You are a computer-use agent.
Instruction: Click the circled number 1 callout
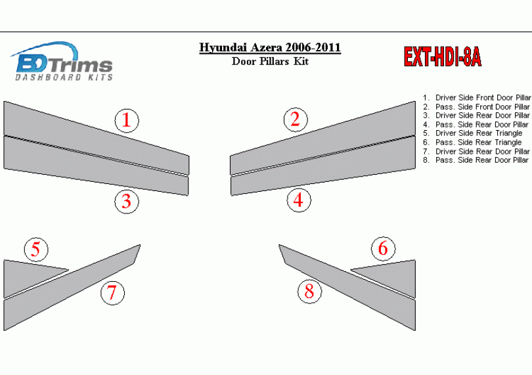[127, 120]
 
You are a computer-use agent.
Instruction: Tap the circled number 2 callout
[296, 120]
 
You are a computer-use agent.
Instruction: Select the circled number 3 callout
[127, 201]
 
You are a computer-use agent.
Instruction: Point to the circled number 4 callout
[299, 200]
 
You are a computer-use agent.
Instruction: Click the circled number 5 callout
[36, 249]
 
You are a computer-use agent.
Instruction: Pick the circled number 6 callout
[383, 248]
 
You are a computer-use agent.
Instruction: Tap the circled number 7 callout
[112, 293]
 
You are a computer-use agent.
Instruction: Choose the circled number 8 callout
[309, 291]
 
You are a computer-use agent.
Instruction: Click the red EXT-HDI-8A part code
[443, 56]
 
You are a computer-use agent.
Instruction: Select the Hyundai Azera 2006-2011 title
[270, 47]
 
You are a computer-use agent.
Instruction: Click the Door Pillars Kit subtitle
[270, 62]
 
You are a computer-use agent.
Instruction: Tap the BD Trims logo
[62, 62]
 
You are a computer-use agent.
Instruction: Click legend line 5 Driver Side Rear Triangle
[473, 133]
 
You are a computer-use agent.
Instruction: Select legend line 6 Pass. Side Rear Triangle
[472, 143]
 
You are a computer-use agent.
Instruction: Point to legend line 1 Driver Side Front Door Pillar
[477, 98]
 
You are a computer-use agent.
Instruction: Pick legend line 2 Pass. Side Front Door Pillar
[476, 107]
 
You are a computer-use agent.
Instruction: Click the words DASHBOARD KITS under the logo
[64, 77]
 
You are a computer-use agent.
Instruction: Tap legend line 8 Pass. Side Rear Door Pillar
[476, 160]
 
